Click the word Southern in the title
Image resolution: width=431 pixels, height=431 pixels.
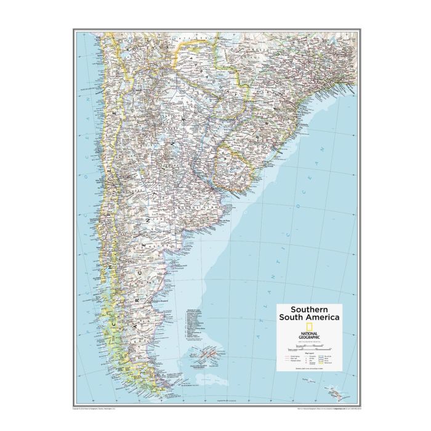pyautogui.click(x=300, y=308)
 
